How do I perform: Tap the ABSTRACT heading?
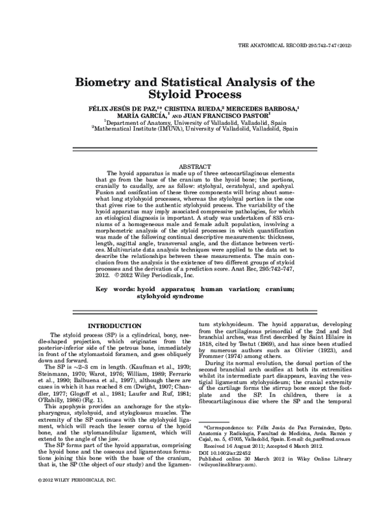[194, 166]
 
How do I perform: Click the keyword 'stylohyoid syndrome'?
[169, 295]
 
